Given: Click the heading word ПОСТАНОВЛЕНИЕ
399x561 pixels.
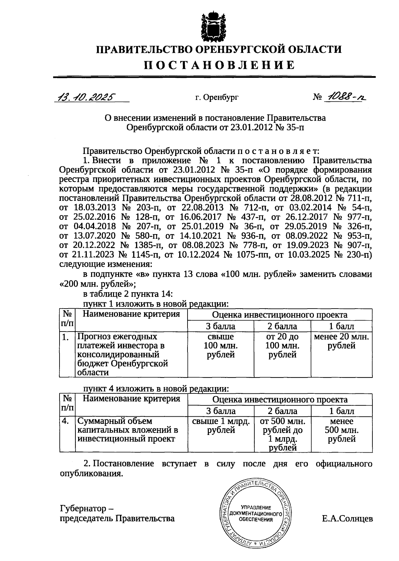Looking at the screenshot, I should click(x=219, y=65).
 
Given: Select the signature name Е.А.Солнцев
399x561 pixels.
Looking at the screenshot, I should click(x=347, y=518).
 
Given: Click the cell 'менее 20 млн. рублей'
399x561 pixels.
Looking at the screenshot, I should click(x=341, y=342).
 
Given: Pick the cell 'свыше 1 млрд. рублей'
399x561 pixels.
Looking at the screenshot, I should click(x=221, y=426).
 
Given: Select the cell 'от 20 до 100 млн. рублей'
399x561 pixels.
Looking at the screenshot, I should click(x=282, y=346).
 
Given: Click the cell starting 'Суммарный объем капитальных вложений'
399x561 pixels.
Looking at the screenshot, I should click(x=128, y=430).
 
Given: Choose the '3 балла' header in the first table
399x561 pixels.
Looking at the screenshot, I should click(x=220, y=326).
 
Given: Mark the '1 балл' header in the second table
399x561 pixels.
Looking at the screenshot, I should click(x=341, y=411).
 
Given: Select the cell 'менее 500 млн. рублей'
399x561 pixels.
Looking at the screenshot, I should click(x=341, y=430).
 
